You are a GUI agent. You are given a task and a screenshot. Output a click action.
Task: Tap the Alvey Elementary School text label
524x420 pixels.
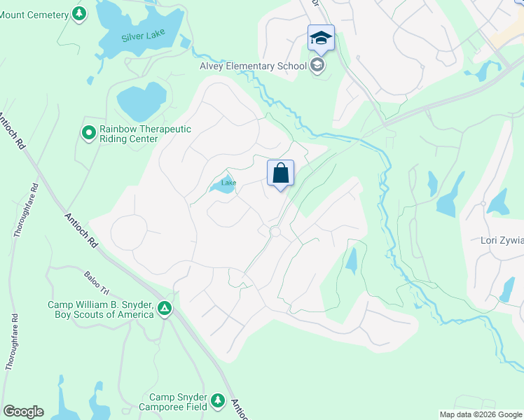[x=254, y=66]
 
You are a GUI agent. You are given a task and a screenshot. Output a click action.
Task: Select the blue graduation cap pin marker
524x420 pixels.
[x=321, y=38]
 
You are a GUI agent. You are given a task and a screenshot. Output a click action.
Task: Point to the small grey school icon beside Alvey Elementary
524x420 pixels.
[x=317, y=66]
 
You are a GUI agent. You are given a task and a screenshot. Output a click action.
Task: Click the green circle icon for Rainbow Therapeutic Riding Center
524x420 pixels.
[x=89, y=132]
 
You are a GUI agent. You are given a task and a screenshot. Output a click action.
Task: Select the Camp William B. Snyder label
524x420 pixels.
[x=100, y=309]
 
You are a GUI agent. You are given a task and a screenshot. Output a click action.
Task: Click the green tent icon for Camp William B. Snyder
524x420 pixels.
[x=165, y=308]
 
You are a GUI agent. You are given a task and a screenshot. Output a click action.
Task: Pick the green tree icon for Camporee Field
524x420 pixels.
[x=218, y=400]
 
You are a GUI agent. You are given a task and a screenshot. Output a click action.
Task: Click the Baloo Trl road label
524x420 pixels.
[x=97, y=283]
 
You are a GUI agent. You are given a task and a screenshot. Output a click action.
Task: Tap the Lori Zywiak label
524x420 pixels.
[x=502, y=241]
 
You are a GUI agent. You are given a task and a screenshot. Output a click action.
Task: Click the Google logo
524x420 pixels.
[x=23, y=412]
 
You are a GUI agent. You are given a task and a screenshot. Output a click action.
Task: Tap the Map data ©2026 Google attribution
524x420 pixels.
[x=480, y=414]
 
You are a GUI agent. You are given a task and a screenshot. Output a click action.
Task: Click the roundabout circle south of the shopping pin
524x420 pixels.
[x=275, y=232]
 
